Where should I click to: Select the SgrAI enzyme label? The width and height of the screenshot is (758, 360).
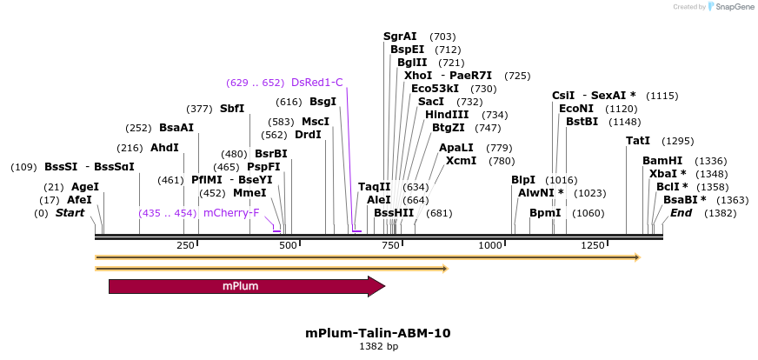(400, 37)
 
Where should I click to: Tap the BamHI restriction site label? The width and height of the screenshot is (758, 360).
(662, 161)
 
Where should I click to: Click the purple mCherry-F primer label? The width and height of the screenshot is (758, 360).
(231, 212)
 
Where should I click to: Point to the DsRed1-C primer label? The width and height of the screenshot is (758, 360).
(316, 83)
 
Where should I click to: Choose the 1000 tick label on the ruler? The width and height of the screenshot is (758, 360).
(490, 246)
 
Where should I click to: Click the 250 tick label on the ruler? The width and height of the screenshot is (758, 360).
(185, 246)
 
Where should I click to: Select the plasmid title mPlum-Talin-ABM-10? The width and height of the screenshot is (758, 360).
(378, 333)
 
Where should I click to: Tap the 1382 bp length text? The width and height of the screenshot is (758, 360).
(378, 346)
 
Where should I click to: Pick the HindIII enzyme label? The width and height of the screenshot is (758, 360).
(447, 115)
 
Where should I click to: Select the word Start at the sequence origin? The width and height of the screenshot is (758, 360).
(71, 213)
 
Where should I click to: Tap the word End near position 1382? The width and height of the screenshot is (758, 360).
(681, 213)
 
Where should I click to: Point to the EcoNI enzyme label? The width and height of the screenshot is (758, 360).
(575, 109)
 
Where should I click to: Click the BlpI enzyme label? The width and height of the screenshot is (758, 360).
(522, 180)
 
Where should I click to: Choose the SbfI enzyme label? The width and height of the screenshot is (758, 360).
(232, 109)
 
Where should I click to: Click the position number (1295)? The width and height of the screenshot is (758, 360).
(678, 141)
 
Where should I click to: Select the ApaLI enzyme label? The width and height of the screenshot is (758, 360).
(456, 148)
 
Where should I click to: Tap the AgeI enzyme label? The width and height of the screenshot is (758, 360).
(85, 187)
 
